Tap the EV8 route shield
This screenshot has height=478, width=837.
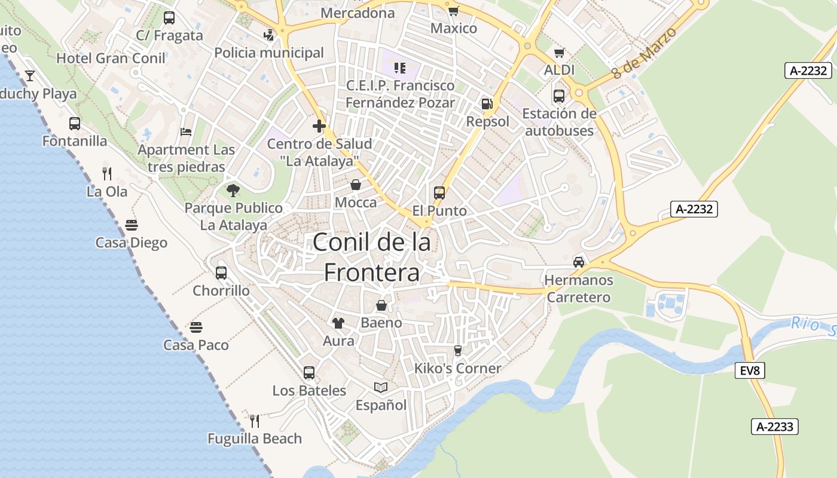[750, 370]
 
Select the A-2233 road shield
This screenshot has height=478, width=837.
[774, 427]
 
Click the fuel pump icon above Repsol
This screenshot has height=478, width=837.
[487, 104]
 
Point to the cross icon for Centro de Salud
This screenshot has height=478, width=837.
[319, 126]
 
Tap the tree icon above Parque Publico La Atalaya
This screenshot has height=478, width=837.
[233, 191]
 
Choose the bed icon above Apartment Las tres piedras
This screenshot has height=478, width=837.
[186, 132]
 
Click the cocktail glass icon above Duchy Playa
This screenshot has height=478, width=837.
[30, 76]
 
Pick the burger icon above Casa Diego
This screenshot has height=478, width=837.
[132, 225]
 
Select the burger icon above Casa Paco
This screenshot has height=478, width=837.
[196, 327]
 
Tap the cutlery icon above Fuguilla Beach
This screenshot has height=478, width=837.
[255, 421]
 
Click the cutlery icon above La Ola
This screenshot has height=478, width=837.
[107, 174]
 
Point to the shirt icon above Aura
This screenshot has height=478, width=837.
[338, 323]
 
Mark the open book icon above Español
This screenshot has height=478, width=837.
[381, 388]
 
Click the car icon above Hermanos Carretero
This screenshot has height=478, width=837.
[579, 262]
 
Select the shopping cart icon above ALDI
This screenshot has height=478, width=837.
[559, 53]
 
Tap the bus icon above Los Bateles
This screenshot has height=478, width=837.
[309, 373]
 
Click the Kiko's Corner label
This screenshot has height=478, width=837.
[458, 368]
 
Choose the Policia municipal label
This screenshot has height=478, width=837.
[269, 53]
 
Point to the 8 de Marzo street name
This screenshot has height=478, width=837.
[644, 54]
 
